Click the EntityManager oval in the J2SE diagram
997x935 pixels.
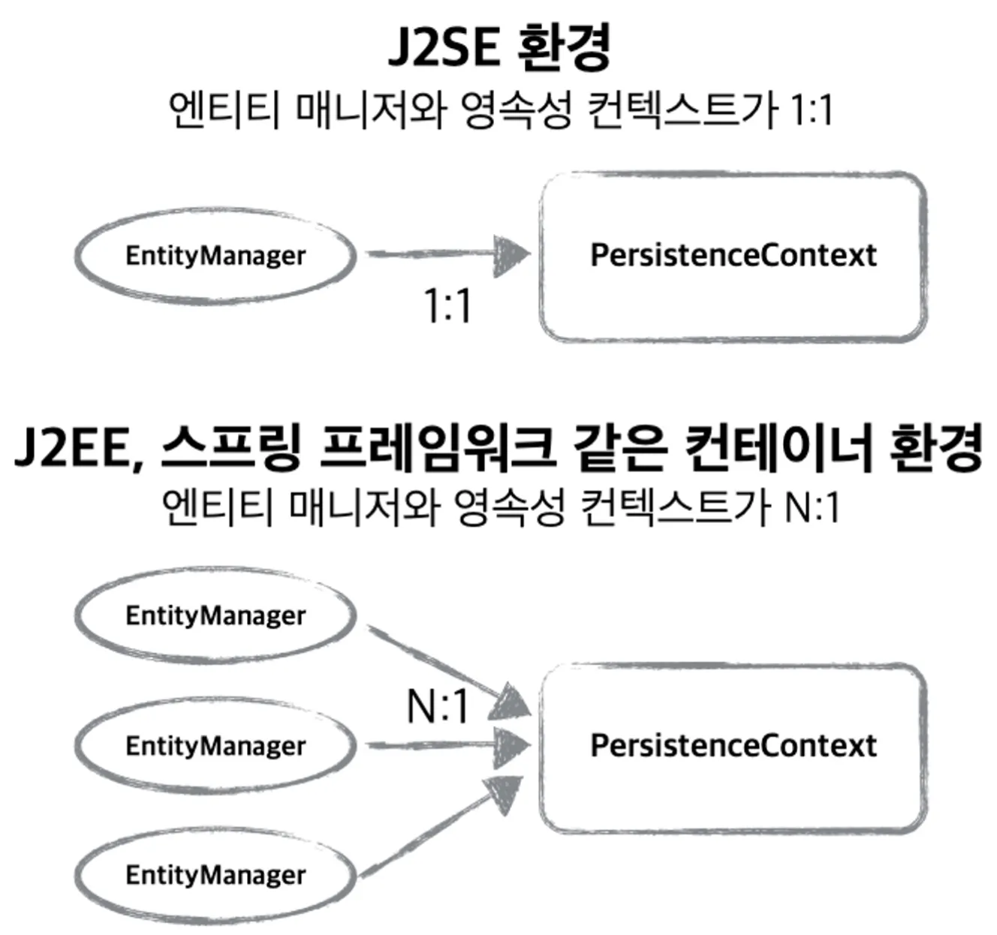(215, 255)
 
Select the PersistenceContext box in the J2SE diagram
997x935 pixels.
(733, 255)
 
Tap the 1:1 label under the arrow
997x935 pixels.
(448, 306)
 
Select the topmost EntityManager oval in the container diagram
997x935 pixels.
(215, 615)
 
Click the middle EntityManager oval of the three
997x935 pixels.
(215, 745)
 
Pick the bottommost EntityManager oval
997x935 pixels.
(215, 874)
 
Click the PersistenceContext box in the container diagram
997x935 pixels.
(733, 745)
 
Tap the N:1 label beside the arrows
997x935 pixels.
(438, 706)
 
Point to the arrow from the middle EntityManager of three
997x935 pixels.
(447, 745)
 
